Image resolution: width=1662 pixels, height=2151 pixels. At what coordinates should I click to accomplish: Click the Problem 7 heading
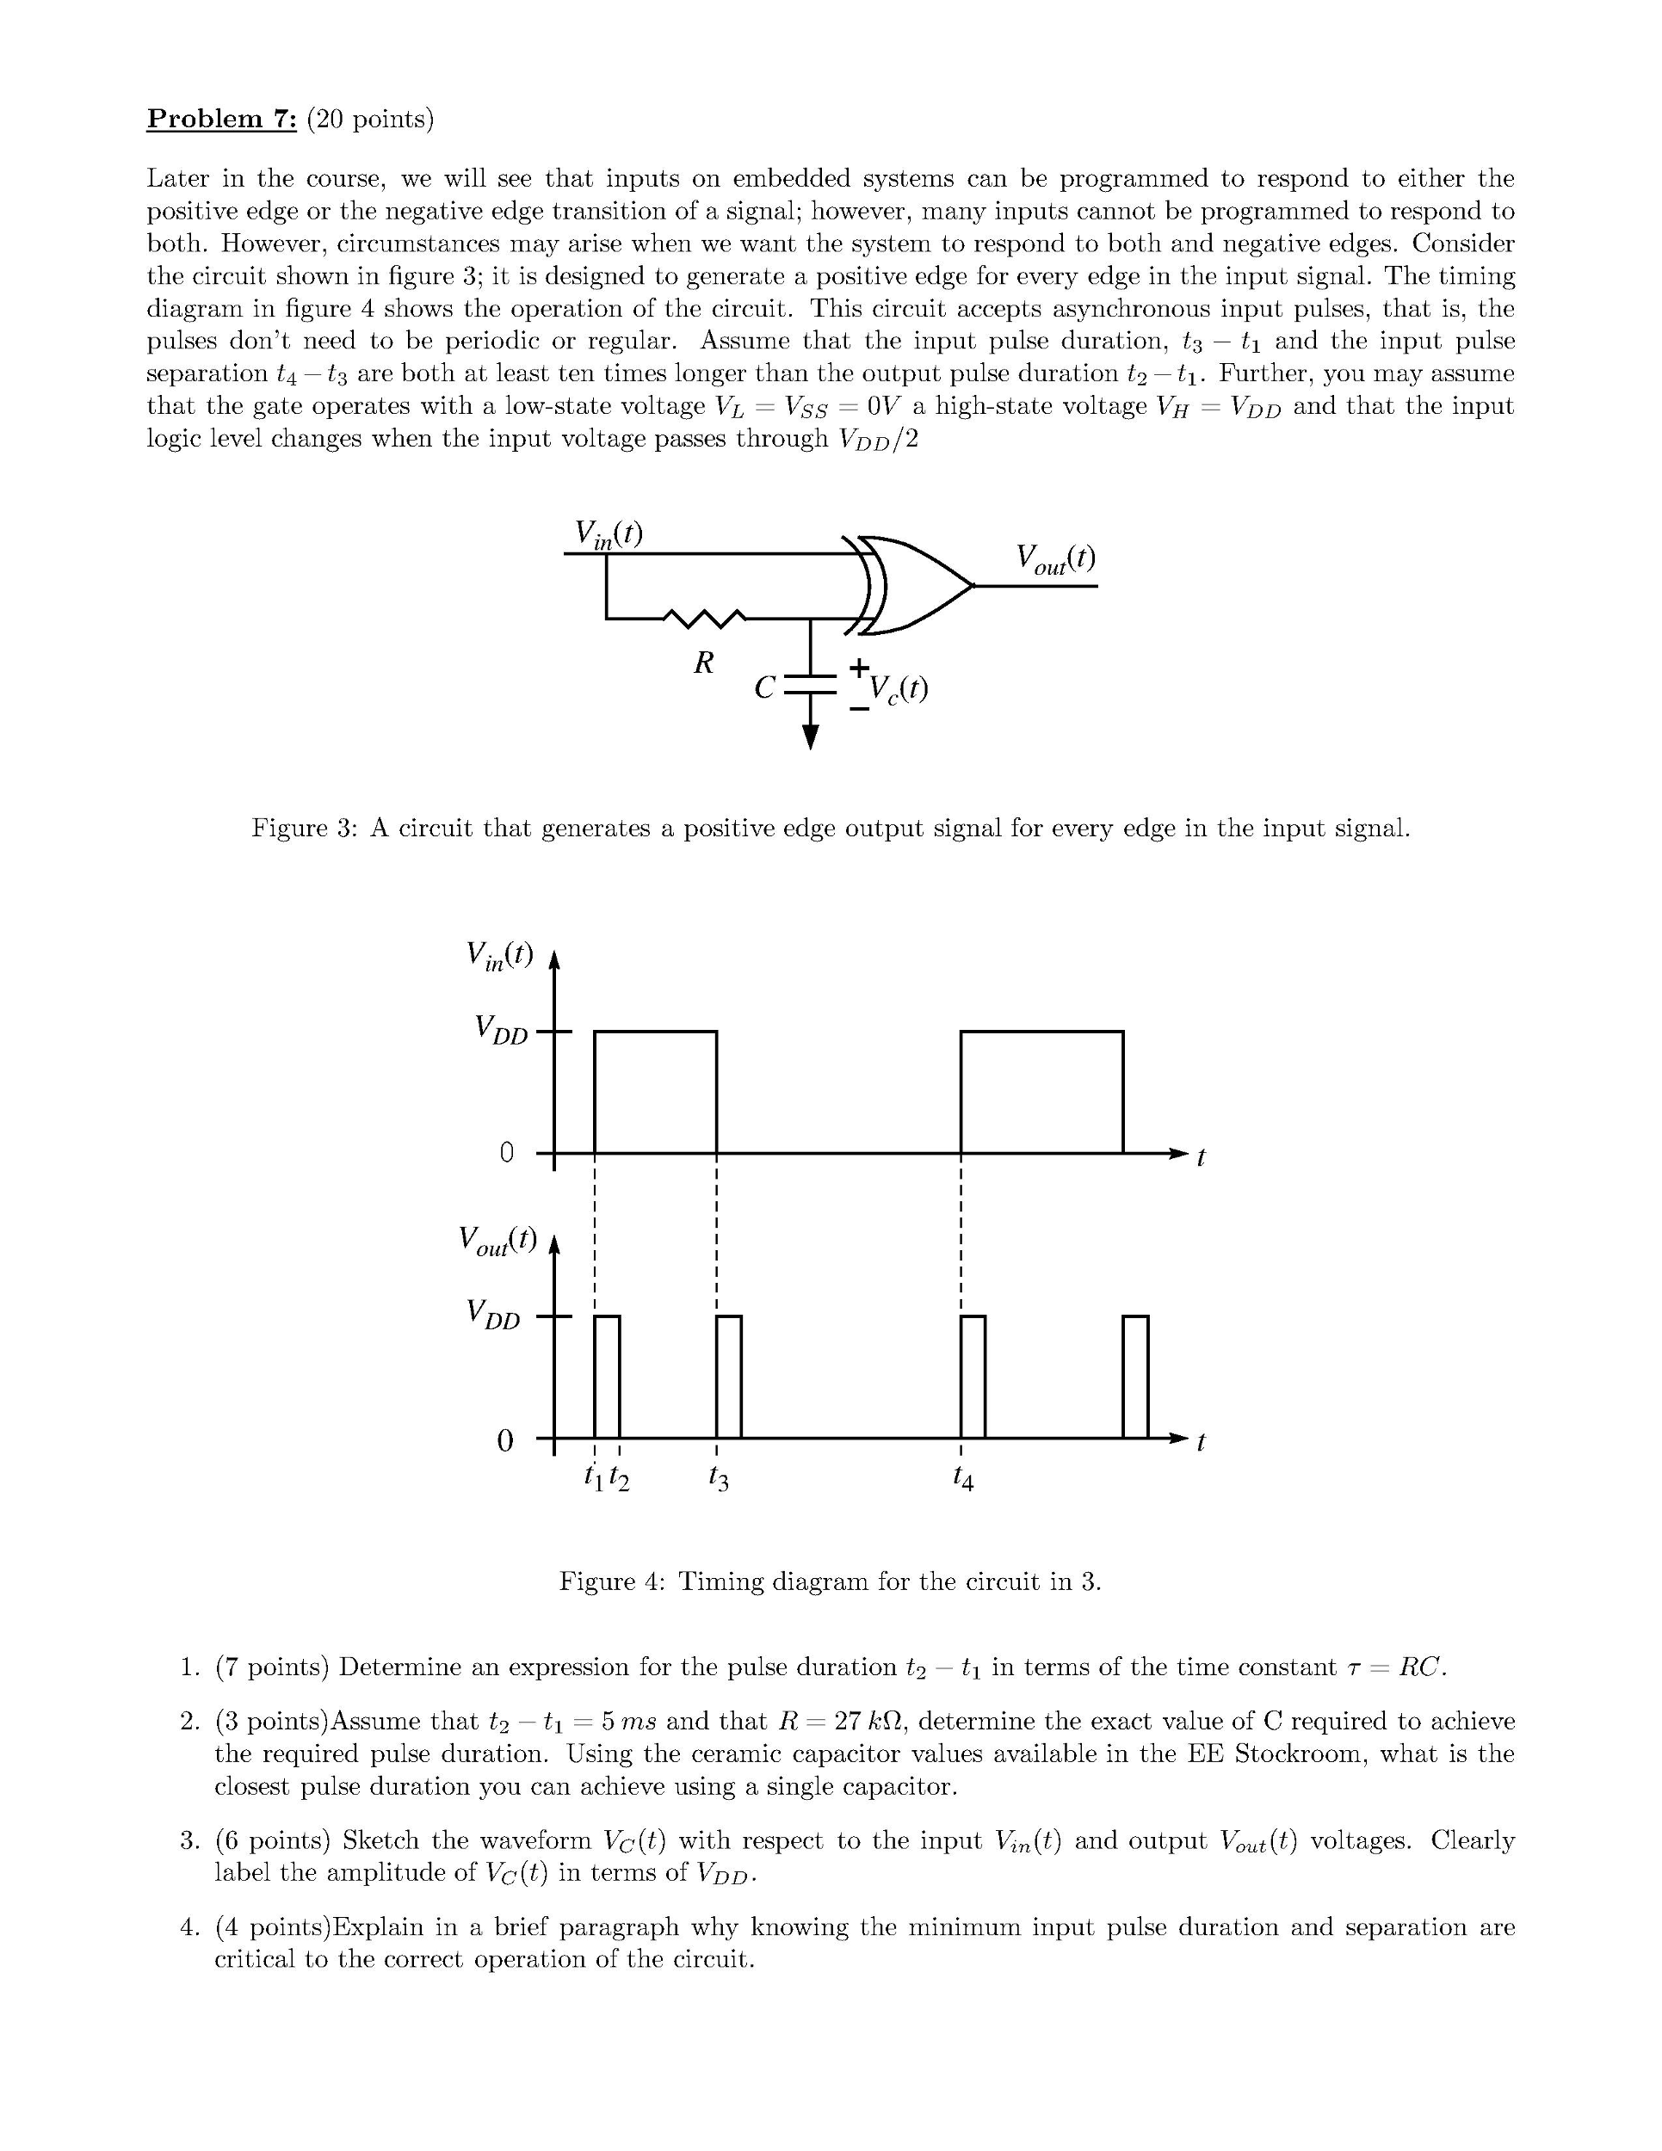(222, 120)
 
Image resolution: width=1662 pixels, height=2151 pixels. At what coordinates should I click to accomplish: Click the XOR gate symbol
(911, 585)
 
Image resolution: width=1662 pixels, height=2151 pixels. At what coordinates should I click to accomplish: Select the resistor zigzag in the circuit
(704, 618)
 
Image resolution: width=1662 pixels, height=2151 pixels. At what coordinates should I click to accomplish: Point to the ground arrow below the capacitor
(810, 735)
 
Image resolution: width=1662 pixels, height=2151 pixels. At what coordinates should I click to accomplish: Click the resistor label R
(702, 663)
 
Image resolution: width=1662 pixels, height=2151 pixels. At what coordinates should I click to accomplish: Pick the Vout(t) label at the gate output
(1055, 558)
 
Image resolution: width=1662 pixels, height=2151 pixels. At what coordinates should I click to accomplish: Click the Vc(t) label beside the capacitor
(898, 688)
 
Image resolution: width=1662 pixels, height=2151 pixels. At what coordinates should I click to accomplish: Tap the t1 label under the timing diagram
(592, 1476)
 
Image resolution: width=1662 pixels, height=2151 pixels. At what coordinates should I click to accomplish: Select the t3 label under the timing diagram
(717, 1476)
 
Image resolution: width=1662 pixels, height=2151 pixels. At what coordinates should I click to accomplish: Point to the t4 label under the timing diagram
(962, 1476)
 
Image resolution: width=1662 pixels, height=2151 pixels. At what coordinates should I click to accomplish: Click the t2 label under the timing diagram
(619, 1476)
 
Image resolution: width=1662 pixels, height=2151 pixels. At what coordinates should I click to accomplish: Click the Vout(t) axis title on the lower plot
(497, 1240)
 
